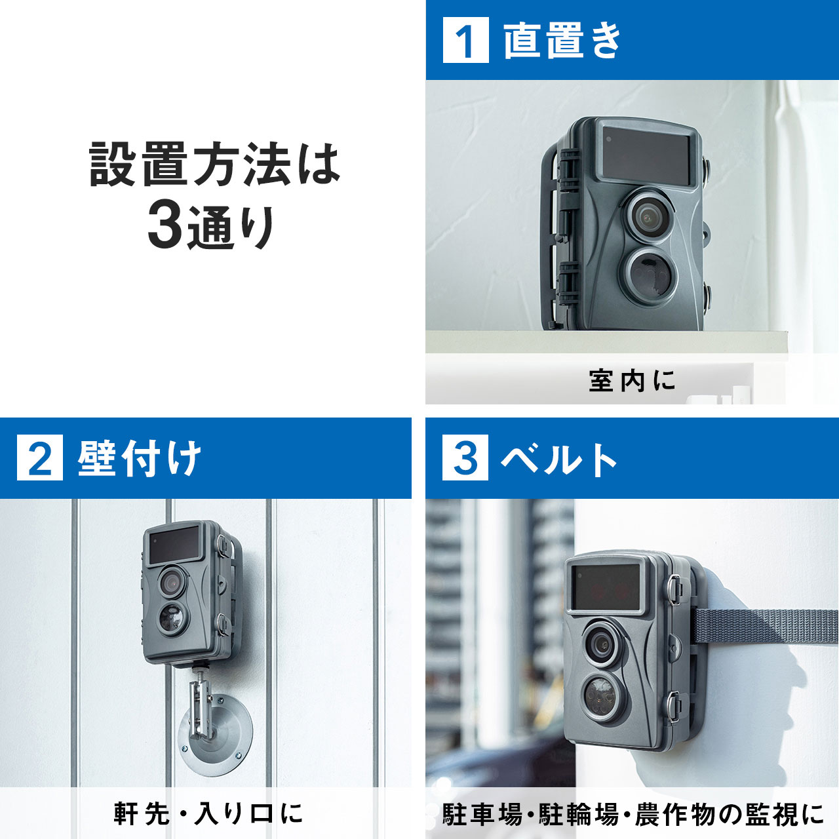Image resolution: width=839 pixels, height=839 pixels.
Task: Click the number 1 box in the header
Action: [x=465, y=39]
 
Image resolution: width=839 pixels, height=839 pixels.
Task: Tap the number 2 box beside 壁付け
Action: [x=39, y=458]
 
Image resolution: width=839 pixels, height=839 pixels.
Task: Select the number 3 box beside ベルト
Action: [x=465, y=458]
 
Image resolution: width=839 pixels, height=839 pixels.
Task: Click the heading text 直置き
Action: [x=562, y=40]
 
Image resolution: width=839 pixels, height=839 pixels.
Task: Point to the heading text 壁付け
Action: [x=140, y=458]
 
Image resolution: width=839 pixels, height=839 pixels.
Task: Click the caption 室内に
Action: [x=632, y=381]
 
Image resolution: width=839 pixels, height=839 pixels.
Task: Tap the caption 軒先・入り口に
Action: [x=208, y=813]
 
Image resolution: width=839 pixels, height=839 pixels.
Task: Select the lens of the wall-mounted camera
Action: [x=172, y=581]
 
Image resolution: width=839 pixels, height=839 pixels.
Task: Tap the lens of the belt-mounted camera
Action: [x=602, y=644]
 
